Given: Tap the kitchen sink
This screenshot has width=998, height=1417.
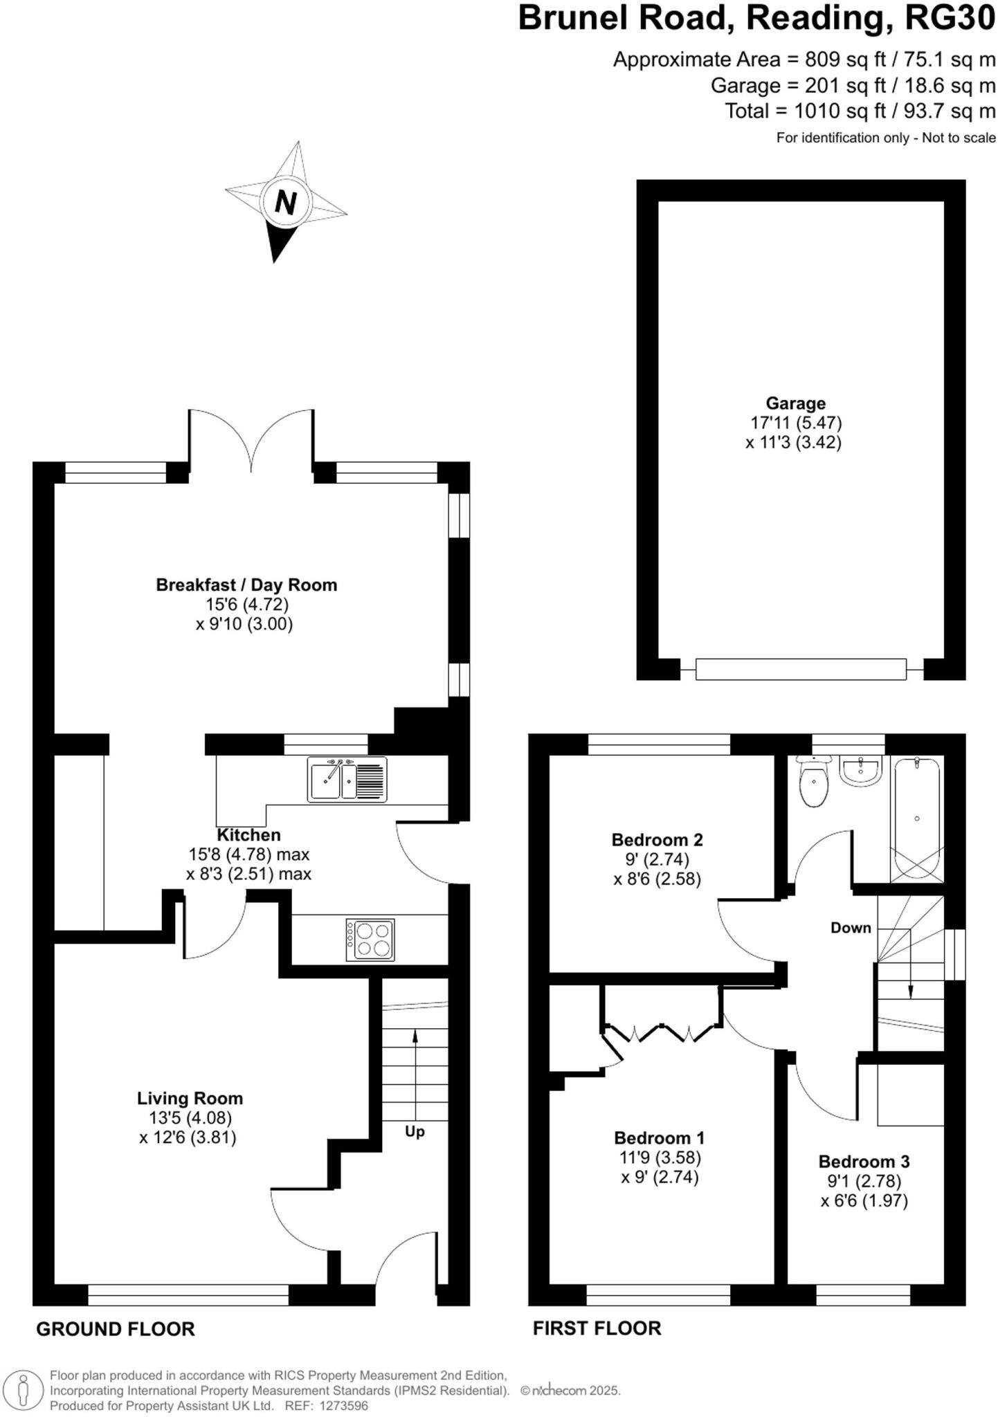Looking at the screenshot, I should pyautogui.click(x=347, y=780).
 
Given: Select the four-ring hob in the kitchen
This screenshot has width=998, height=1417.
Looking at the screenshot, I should pyautogui.click(x=370, y=940).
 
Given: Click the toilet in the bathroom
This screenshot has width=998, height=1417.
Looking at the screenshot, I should pyautogui.click(x=813, y=785).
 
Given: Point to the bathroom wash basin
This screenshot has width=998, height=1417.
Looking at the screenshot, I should pyautogui.click(x=860, y=771).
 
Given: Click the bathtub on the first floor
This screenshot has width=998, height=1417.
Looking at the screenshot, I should pyautogui.click(x=916, y=820).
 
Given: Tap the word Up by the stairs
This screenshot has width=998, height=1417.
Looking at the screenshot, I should pyautogui.click(x=415, y=1131).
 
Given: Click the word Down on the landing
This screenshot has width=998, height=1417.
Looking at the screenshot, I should pyautogui.click(x=850, y=928).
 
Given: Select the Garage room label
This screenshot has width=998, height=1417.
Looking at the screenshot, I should pyautogui.click(x=795, y=403).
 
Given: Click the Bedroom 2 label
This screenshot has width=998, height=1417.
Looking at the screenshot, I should pyautogui.click(x=657, y=840).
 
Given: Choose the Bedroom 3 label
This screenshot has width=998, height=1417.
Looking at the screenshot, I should pyautogui.click(x=864, y=1161).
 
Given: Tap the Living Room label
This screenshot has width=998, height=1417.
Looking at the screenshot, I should pyautogui.click(x=190, y=1098).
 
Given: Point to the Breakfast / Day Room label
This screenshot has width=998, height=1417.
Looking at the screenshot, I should pyautogui.click(x=246, y=585).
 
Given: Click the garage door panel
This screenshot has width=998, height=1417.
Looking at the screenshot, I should pyautogui.click(x=801, y=669).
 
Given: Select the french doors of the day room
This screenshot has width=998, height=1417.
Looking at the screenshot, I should pyautogui.click(x=251, y=439).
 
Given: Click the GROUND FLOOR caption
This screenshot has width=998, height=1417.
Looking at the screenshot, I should pyautogui.click(x=116, y=1328).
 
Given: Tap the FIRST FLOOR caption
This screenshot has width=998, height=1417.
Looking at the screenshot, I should pyautogui.click(x=597, y=1328).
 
